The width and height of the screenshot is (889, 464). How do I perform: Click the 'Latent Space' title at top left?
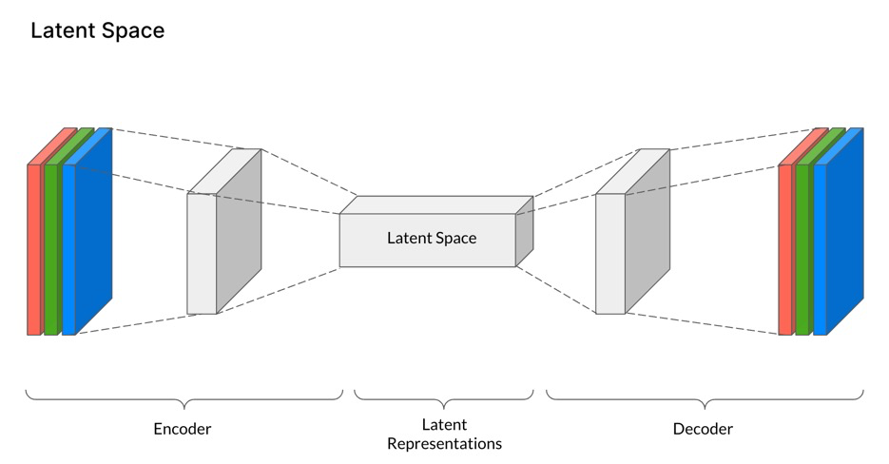[97, 30]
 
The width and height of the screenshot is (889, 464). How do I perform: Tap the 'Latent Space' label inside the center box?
[432, 238]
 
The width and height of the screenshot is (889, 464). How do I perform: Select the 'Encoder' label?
[183, 429]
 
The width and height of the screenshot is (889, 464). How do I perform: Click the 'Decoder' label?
[703, 429]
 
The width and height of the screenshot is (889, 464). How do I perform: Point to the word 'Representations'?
[445, 443]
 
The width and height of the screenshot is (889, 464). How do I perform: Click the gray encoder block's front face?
[202, 253]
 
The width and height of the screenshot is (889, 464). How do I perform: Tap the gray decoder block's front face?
[610, 253]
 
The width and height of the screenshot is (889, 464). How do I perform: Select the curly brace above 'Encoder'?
[184, 397]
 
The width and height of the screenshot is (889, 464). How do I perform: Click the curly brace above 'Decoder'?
[705, 397]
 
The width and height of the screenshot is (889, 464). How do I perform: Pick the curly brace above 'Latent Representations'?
[444, 397]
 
